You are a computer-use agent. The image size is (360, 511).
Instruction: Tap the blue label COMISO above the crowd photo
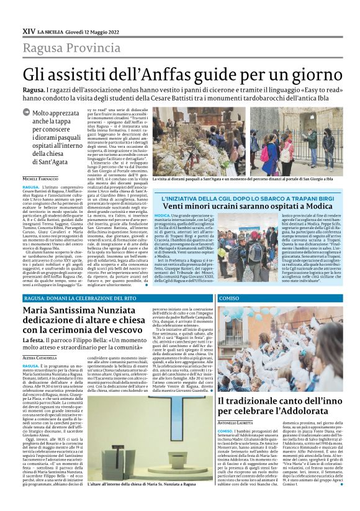(229, 297)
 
